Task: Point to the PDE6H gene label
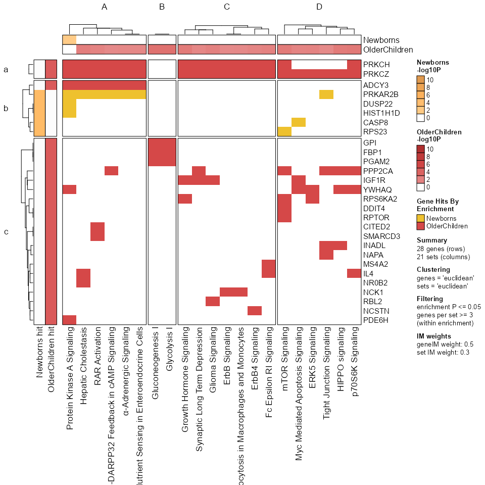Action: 375,319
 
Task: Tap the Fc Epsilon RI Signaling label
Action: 268,369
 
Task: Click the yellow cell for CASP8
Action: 299,122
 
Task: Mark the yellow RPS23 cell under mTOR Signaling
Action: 285,131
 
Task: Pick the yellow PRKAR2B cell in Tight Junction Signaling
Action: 326,94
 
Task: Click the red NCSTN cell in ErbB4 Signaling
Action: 255,310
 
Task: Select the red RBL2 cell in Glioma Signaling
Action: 213,301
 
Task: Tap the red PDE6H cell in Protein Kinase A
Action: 69,319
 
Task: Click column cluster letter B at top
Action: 162,7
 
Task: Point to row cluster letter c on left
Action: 6,232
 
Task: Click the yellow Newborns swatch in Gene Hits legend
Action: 421,218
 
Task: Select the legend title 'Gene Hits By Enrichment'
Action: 438,205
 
